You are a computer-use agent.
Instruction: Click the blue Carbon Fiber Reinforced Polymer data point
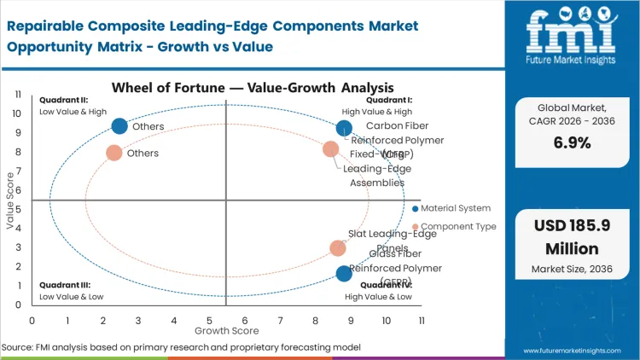click(344, 129)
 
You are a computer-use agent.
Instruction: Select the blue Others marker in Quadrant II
click(119, 126)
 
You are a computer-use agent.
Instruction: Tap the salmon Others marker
click(113, 154)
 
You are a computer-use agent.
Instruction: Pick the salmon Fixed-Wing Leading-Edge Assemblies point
click(331, 149)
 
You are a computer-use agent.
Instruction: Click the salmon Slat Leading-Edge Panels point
click(338, 248)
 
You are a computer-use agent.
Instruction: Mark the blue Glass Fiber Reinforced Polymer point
click(344, 274)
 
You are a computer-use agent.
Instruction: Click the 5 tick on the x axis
click(209, 321)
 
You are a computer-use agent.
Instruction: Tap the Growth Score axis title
click(226, 330)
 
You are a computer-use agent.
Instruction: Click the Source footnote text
click(181, 347)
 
